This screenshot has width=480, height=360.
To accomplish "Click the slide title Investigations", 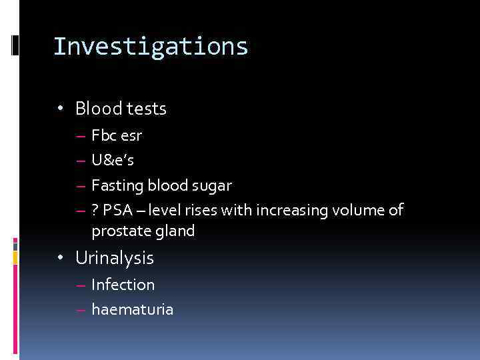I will (x=151, y=47).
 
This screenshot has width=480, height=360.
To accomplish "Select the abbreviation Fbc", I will (x=103, y=136).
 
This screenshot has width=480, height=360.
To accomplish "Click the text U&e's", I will (x=112, y=161).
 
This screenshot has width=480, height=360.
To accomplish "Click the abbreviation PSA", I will (x=117, y=211).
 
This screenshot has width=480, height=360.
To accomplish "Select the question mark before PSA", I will (x=95, y=211).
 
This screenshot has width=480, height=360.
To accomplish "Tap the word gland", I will (x=174, y=231).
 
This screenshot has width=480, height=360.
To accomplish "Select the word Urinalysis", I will (x=115, y=258).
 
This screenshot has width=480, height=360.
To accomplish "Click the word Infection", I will (x=123, y=285).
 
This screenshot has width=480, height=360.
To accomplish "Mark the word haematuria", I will (x=132, y=309).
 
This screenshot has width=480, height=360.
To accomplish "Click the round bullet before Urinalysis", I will (x=61, y=258).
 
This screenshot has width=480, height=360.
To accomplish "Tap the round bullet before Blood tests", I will (x=61, y=109).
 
